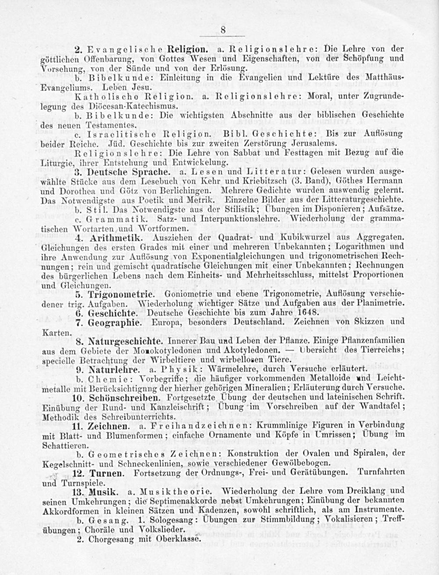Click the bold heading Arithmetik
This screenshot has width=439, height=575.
point(114,238)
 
